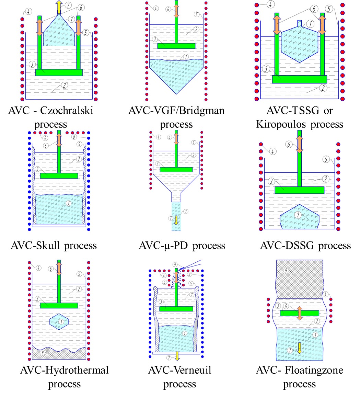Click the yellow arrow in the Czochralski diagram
(x=59, y=7)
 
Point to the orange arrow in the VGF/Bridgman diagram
(x=176, y=11)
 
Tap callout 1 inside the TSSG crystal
(x=310, y=24)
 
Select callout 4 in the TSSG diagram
(x=271, y=5)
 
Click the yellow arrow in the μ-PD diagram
(x=176, y=220)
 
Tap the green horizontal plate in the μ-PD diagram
(x=176, y=169)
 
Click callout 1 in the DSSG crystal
(x=299, y=215)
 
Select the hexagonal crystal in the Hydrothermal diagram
(x=59, y=322)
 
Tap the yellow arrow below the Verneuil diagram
(x=177, y=356)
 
